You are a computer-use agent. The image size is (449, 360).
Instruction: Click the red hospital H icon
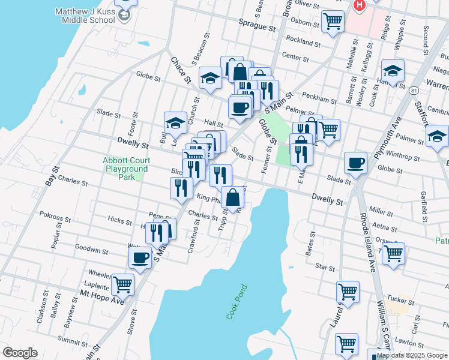pyautogui.click(x=360, y=5)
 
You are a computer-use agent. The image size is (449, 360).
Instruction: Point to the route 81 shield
pyautogui.click(x=414, y=90)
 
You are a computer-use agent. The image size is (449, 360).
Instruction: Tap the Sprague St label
pyautogui.click(x=256, y=28)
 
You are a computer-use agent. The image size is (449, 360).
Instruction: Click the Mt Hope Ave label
pyautogui.click(x=102, y=298)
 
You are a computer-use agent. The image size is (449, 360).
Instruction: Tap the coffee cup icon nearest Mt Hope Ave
pyautogui.click(x=140, y=257)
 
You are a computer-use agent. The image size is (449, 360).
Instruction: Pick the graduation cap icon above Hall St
pyautogui.click(x=175, y=122)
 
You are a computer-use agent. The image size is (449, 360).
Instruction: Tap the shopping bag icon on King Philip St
pyautogui.click(x=232, y=196)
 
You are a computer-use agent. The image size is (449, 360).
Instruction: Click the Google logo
pyautogui.click(x=19, y=353)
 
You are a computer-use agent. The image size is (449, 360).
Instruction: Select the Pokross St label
pyautogui.click(x=56, y=214)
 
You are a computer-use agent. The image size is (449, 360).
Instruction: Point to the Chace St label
pyautogui.click(x=180, y=70)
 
